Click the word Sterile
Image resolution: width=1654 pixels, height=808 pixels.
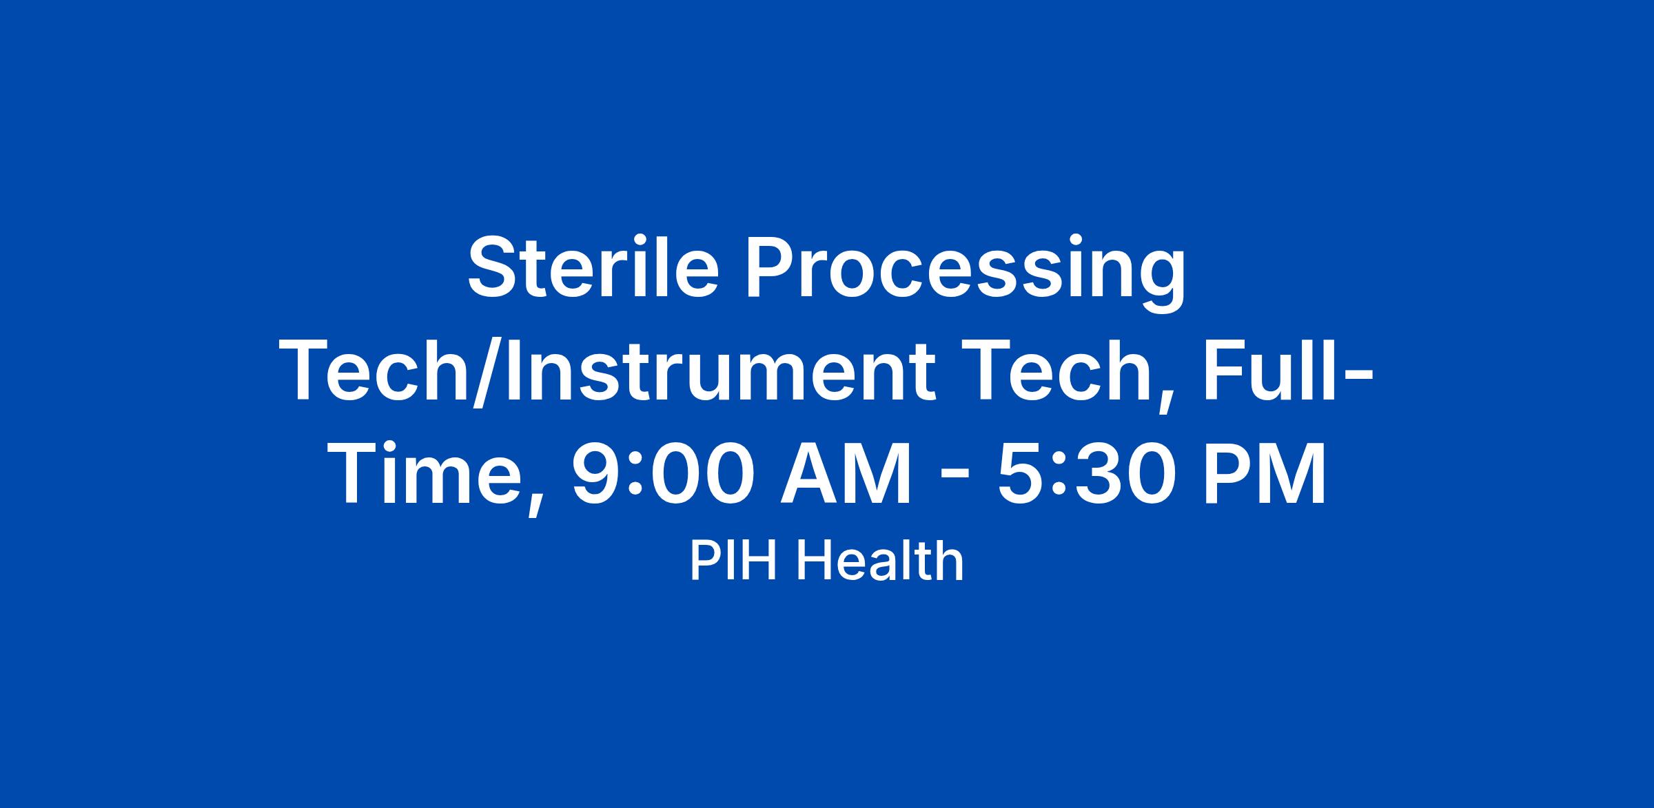coord(593,267)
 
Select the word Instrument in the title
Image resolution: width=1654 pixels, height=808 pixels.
coord(719,371)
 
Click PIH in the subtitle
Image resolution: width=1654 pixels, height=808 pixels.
coord(735,561)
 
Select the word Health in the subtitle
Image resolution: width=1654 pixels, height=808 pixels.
coord(879,561)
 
